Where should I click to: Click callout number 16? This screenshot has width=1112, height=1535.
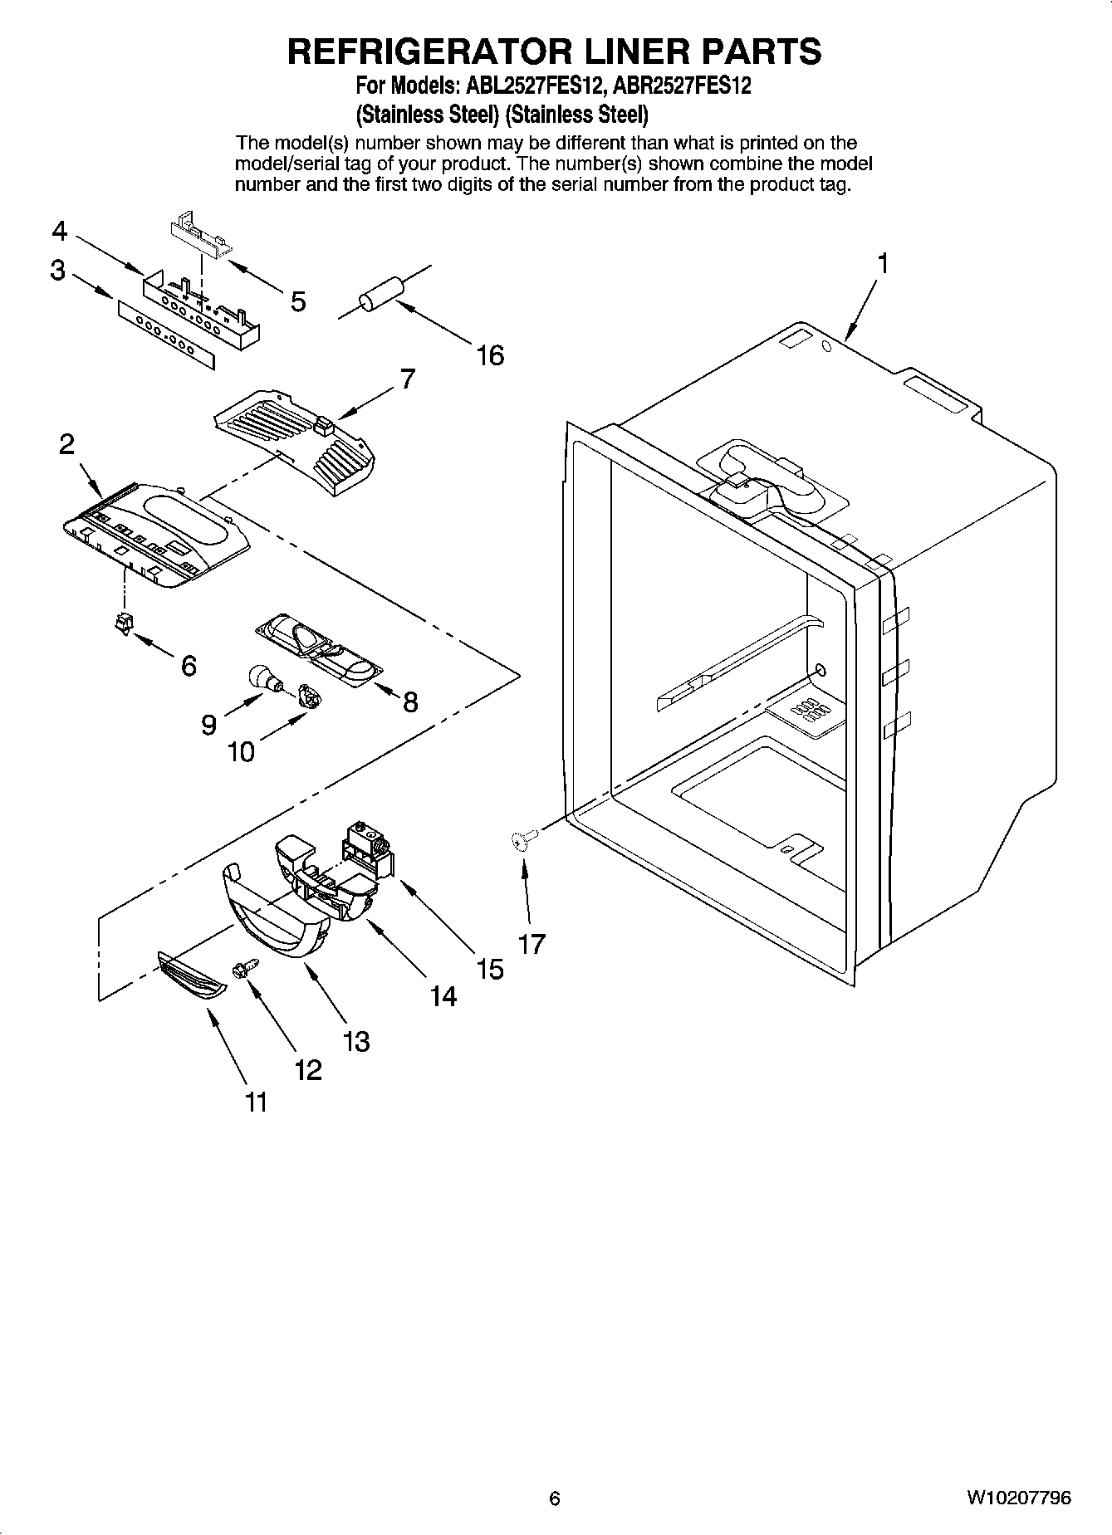tap(490, 356)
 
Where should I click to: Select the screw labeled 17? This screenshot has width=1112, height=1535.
tap(519, 842)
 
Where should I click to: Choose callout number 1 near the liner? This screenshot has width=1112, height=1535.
tap(883, 264)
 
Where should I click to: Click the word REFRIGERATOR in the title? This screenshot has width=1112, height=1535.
tap(429, 51)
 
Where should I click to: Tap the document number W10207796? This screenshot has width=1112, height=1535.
tap(1018, 1498)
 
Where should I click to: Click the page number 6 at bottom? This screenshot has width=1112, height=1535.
tap(555, 1498)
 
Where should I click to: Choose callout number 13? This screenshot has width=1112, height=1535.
tap(356, 1041)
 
